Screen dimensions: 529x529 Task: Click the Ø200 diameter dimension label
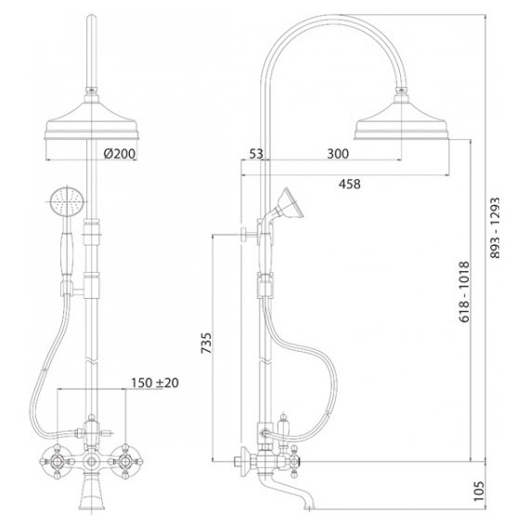point(120,153)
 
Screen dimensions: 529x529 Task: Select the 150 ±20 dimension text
point(155,383)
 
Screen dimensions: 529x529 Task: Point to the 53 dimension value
point(256,154)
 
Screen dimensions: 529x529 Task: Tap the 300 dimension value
point(338,154)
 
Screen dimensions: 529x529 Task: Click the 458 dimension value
point(350,184)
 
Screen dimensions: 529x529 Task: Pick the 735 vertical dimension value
point(206,343)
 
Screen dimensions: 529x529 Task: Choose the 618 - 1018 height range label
point(464,291)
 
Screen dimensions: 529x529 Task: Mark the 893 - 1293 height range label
point(495,228)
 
